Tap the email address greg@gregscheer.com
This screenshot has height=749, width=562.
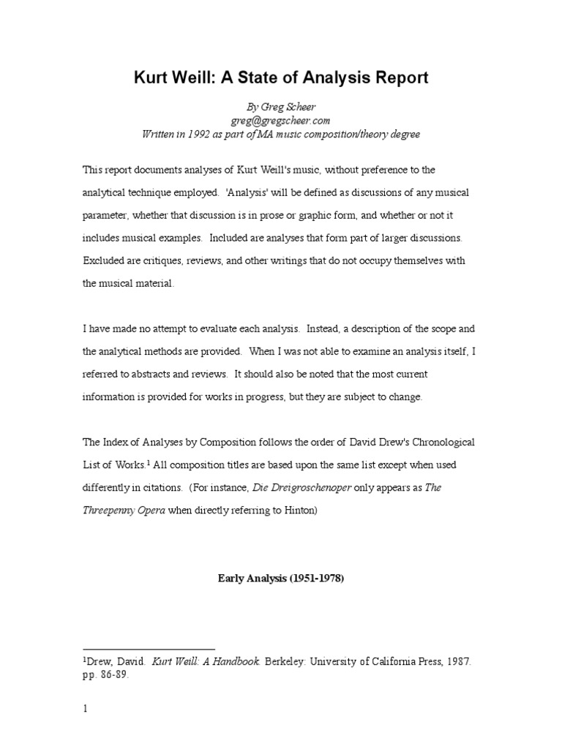tap(281, 120)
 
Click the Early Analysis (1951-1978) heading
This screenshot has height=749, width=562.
tap(281, 579)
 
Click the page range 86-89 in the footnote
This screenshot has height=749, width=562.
tap(114, 674)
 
